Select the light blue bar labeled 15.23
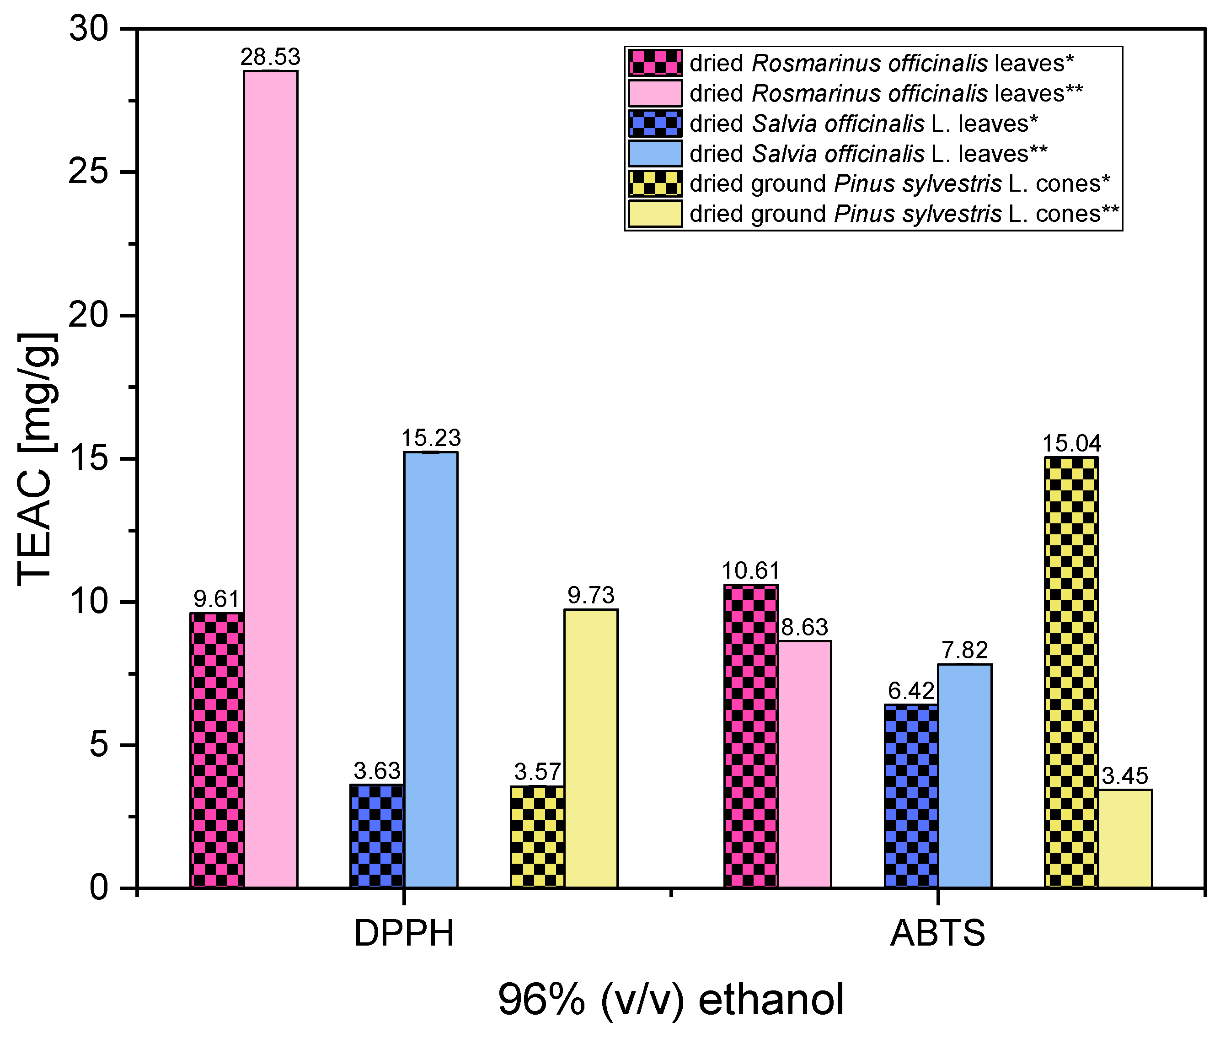tap(431, 669)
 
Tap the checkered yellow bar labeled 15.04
tap(1071, 672)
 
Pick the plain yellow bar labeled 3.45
tap(1125, 838)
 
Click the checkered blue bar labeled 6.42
tap(911, 796)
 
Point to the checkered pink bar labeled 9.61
tap(217, 750)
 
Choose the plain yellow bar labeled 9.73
tap(591, 748)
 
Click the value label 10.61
tap(750, 571)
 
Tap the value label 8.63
tap(804, 627)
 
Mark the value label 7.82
tap(965, 650)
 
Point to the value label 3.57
tap(537, 771)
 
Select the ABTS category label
tap(938, 933)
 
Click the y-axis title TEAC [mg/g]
tap(37, 459)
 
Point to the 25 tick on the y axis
tap(88, 172)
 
